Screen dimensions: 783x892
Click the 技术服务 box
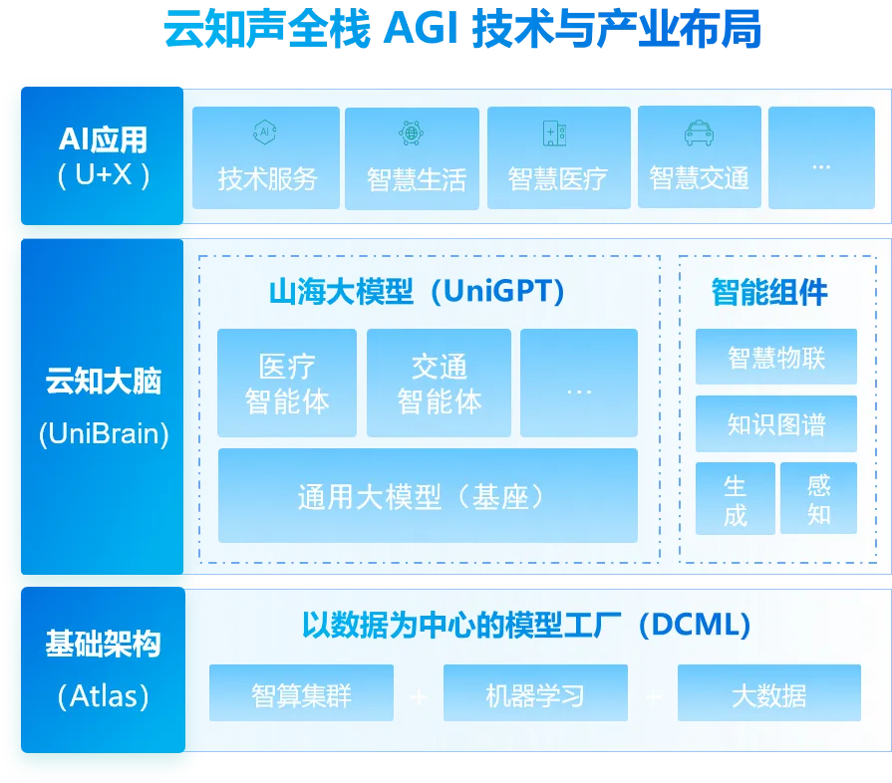(x=266, y=158)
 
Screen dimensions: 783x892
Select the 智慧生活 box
(x=413, y=158)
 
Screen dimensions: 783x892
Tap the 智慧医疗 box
(x=558, y=158)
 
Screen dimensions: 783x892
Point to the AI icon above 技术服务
(x=265, y=132)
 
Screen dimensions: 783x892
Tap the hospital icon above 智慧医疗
(x=555, y=133)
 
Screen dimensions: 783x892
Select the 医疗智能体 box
(x=287, y=384)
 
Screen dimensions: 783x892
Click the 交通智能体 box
(x=439, y=384)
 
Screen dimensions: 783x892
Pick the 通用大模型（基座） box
(x=428, y=496)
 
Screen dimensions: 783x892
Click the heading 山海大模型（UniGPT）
(x=418, y=292)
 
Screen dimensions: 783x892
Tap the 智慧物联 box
(x=776, y=357)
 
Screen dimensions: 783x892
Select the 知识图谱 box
(x=776, y=423)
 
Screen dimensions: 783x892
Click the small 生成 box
(x=736, y=499)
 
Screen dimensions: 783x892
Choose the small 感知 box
(x=818, y=499)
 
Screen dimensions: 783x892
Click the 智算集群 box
(x=301, y=693)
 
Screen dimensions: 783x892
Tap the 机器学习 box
(x=535, y=693)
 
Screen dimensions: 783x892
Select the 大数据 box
(x=768, y=693)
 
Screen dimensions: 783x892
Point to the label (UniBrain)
(x=104, y=435)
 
